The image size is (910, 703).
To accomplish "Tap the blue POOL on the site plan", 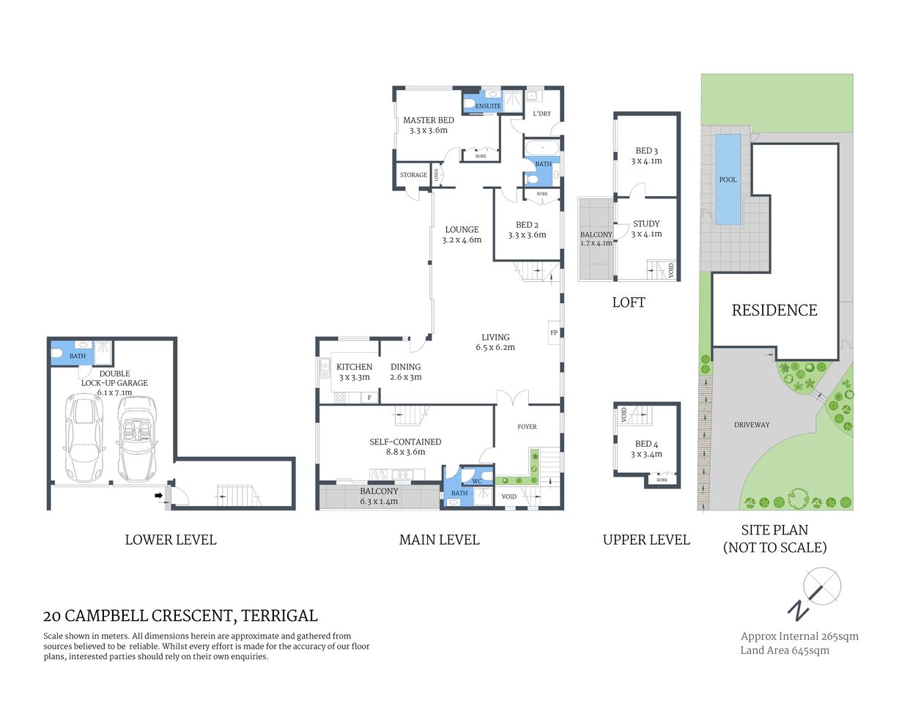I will (728, 179).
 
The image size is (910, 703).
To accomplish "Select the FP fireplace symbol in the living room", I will (554, 332).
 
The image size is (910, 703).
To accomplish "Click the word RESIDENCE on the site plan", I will (774, 310).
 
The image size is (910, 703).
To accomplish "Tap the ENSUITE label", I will (488, 106).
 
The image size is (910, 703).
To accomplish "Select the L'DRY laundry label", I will (541, 114).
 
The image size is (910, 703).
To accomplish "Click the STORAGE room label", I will (413, 175).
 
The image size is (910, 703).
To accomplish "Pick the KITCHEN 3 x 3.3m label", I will (355, 372).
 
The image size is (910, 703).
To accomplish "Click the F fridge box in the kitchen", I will (369, 398).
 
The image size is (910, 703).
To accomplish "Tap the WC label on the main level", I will (477, 481).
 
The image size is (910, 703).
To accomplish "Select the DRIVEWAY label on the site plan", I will (752, 425).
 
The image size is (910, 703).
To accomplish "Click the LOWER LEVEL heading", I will (171, 540).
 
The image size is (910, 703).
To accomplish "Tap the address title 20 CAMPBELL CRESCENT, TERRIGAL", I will (180, 616).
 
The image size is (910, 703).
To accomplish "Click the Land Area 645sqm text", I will (785, 650).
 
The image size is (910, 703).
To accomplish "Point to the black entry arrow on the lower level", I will (158, 496).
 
